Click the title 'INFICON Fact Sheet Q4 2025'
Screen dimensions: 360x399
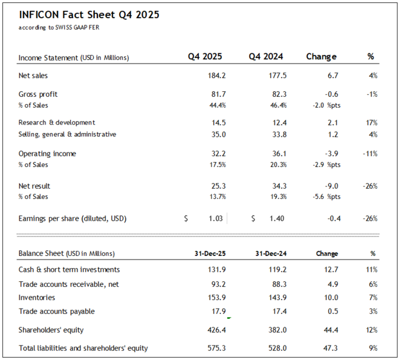click(x=89, y=15)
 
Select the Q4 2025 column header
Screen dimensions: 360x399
click(x=205, y=57)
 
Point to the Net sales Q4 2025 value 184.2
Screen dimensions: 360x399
click(x=216, y=76)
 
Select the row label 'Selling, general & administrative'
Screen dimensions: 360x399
click(x=67, y=134)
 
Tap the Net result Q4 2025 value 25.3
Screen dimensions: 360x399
click(x=218, y=186)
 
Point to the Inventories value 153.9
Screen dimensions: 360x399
click(x=216, y=298)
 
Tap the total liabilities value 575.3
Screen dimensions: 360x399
click(x=216, y=348)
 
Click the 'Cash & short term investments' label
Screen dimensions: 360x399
click(x=69, y=269)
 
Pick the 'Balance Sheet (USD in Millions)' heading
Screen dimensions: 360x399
click(x=66, y=254)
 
